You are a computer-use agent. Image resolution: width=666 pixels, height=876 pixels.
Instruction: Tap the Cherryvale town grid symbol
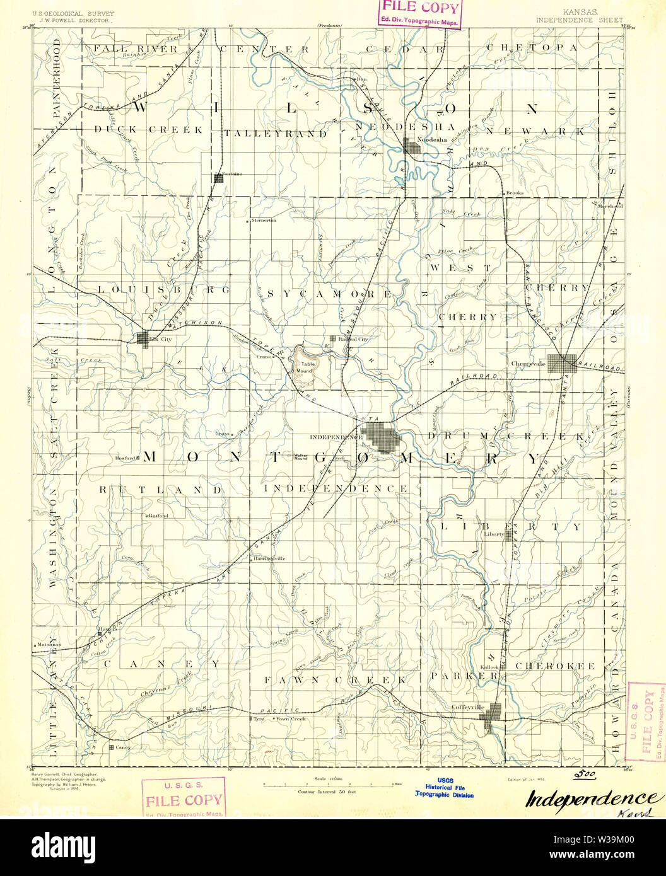(x=561, y=364)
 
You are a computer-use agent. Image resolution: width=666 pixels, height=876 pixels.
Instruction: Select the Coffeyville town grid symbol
(x=492, y=718)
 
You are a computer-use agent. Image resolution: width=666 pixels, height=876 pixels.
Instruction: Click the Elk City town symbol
(x=143, y=338)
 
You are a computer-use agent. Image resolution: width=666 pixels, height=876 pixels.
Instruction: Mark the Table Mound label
(x=307, y=367)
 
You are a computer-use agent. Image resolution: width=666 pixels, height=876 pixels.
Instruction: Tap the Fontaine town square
(x=218, y=178)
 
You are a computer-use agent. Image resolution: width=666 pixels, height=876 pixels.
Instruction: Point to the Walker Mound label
(x=301, y=456)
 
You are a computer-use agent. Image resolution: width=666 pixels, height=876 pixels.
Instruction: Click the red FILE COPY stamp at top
(x=419, y=13)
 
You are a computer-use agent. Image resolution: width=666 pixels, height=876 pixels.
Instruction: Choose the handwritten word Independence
(x=589, y=798)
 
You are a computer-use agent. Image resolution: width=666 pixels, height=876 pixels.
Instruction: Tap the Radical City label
(x=353, y=338)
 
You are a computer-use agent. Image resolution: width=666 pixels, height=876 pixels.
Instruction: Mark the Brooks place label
(x=515, y=193)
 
